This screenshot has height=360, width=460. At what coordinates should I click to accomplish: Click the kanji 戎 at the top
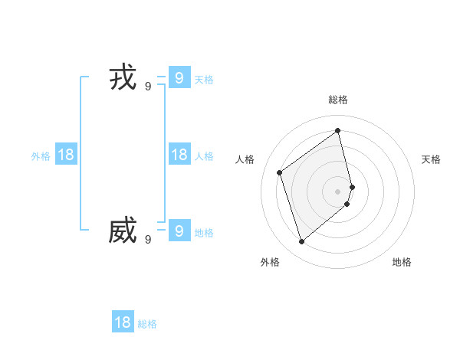123,78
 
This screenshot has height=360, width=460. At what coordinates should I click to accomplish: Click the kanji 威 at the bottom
123,231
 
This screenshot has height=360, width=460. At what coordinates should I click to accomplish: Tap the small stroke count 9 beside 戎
148,87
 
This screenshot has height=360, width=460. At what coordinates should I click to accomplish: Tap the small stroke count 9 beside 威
148,239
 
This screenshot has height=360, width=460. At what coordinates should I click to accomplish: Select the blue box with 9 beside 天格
179,77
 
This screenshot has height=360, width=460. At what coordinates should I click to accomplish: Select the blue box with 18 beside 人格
179,155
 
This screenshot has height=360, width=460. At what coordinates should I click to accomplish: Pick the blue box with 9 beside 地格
179,231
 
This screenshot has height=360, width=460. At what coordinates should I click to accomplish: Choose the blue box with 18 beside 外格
66,155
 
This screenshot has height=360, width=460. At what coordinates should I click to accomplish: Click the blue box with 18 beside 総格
123,322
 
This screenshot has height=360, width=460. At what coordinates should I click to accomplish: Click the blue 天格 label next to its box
204,79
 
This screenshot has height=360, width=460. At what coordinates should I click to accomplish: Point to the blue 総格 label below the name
147,324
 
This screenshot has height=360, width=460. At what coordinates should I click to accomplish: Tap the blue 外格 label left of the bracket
41,156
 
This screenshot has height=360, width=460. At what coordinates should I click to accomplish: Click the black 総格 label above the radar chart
338,100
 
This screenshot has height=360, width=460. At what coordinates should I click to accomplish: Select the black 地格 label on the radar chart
402,262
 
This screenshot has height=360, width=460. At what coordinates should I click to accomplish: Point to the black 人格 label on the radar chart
245,159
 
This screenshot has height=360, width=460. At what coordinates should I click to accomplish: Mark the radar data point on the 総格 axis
338,130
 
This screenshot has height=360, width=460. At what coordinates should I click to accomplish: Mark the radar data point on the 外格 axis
301,242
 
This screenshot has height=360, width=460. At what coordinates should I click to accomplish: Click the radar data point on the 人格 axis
280,172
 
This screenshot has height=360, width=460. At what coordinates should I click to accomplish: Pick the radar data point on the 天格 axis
352,186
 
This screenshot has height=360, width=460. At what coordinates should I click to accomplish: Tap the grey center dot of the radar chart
338,191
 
